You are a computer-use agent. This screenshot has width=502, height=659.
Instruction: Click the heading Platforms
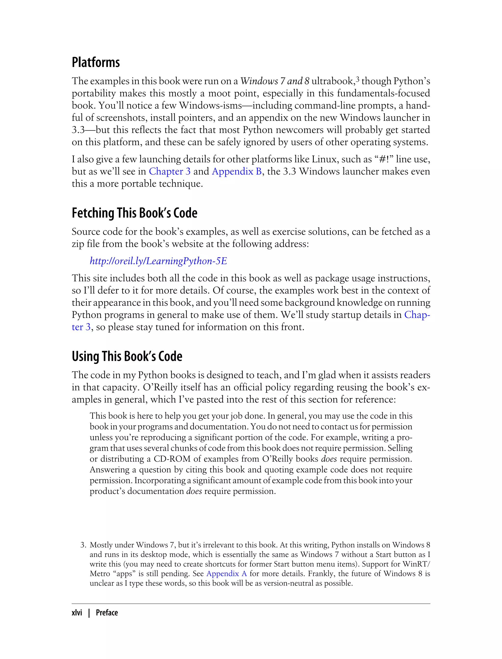pyautogui.click(x=96, y=63)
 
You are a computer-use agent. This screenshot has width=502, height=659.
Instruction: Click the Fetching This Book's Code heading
pyautogui.click(x=135, y=213)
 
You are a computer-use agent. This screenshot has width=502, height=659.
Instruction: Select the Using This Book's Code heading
pyautogui.click(x=127, y=356)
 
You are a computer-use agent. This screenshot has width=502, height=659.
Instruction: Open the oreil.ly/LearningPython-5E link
pyautogui.click(x=158, y=261)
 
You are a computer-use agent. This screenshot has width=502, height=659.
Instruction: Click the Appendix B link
pyautogui.click(x=237, y=171)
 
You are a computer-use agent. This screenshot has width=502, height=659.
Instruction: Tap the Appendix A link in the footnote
pyautogui.click(x=226, y=573)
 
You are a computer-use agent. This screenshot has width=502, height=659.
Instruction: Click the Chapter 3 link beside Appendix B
pyautogui.click(x=169, y=171)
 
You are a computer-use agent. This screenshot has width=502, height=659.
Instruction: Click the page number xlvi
pyautogui.click(x=77, y=613)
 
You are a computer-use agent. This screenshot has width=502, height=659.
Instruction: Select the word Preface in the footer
pyautogui.click(x=107, y=613)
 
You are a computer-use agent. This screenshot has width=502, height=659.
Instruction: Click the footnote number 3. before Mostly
pyautogui.click(x=83, y=545)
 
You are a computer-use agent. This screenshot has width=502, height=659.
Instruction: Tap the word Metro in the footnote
pyautogui.click(x=100, y=573)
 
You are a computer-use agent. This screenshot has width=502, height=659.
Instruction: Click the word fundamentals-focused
pyautogui.click(x=383, y=93)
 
